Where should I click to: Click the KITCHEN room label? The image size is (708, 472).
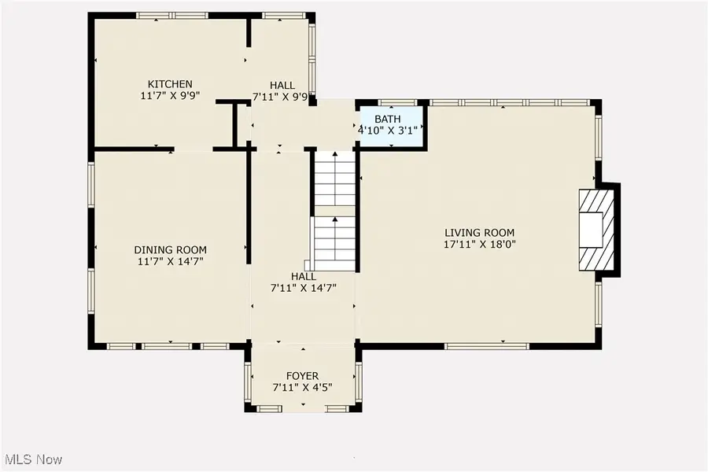click(170, 84)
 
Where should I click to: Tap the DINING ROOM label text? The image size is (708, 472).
click(170, 250)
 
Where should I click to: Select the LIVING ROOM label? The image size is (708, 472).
click(480, 233)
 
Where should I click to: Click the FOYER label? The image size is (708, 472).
click(303, 376)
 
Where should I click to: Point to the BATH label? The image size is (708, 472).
click(388, 120)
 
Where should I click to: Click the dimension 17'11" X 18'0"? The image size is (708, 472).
click(480, 245)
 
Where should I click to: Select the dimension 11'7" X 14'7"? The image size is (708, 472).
click(170, 261)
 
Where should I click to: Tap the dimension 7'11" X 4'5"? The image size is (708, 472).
click(303, 388)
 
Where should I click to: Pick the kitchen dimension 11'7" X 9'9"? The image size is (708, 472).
click(170, 96)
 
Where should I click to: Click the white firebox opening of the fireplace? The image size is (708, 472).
click(591, 230)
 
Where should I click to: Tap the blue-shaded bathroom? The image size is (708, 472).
click(392, 127)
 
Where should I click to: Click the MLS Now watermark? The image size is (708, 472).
click(31, 459)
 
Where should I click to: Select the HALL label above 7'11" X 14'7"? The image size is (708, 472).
click(304, 276)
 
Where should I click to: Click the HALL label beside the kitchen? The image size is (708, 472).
click(282, 85)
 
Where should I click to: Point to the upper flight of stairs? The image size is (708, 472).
click(335, 179)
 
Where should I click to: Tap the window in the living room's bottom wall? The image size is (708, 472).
click(487, 346)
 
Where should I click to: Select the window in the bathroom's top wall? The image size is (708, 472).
click(397, 102)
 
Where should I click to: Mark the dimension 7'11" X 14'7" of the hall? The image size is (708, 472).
click(304, 288)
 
